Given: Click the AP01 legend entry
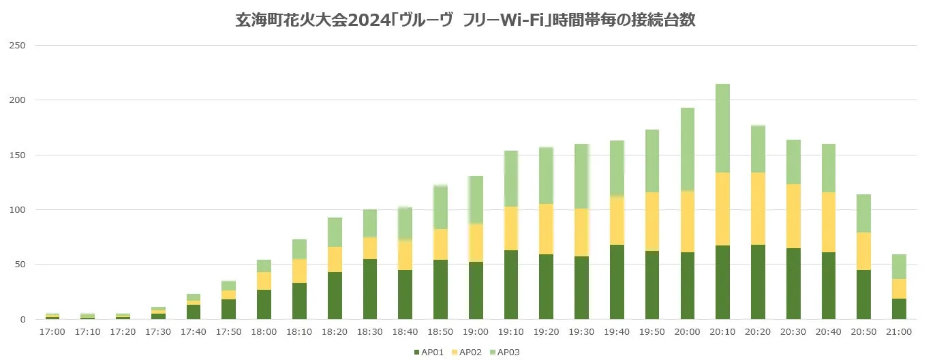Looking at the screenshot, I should click(x=433, y=352).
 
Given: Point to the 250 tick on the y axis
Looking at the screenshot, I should click(x=16, y=46).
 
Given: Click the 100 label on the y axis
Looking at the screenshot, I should click(x=16, y=210).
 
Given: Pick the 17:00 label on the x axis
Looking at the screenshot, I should click(x=52, y=332).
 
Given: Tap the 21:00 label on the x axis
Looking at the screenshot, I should click(x=899, y=332).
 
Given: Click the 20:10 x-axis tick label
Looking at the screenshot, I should click(x=722, y=332).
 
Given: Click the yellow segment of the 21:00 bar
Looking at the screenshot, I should click(x=899, y=288).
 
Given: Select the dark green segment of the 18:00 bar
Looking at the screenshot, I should click(x=264, y=304).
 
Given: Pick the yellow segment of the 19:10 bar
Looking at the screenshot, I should click(x=511, y=228).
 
